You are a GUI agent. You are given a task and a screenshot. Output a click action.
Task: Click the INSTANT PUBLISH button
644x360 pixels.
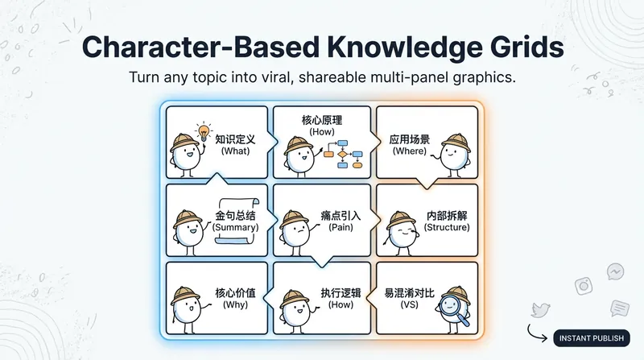pyautogui.click(x=592, y=338)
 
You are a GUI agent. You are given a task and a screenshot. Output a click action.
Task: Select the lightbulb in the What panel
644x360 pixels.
pyautogui.click(x=204, y=132)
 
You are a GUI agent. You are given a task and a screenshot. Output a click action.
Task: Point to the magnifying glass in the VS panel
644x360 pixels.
pyautogui.click(x=452, y=309)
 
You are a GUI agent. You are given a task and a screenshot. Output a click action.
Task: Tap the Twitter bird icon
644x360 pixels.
pyautogui.click(x=540, y=310)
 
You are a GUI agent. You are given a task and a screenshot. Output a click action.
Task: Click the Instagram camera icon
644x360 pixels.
pyautogui.click(x=584, y=286)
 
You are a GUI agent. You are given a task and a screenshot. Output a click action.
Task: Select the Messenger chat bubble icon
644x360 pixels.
pyautogui.click(x=615, y=271)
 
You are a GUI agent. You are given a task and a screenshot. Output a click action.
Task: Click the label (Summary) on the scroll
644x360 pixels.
pyautogui.click(x=235, y=227)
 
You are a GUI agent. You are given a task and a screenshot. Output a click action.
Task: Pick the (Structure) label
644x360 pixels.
pyautogui.click(x=447, y=227)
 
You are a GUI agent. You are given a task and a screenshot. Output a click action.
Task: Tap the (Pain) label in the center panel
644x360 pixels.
pyautogui.click(x=341, y=227)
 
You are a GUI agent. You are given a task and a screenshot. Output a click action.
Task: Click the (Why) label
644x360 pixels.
pyautogui.click(x=235, y=304)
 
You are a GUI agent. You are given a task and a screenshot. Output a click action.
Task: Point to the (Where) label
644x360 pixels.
pyautogui.click(x=410, y=151)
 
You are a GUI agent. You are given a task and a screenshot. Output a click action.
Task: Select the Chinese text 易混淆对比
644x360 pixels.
pyautogui.click(x=409, y=293)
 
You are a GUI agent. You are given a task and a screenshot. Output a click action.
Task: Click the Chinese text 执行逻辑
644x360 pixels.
pyautogui.click(x=341, y=293)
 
